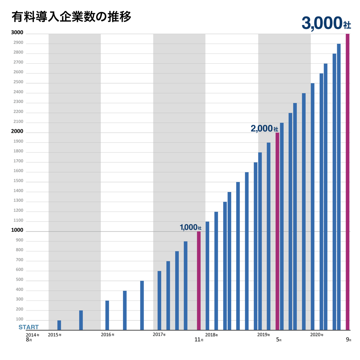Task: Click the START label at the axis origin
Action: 28,327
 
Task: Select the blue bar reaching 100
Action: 59,325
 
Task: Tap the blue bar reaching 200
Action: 81,320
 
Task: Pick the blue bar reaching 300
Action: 107,315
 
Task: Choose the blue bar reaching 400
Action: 125,310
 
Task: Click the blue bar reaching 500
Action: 142,305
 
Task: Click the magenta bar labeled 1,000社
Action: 199,281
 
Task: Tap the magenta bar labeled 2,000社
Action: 277,231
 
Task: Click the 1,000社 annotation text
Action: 190,227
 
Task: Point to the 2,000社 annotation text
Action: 264,128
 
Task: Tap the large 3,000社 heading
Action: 326,23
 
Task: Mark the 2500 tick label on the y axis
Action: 19,82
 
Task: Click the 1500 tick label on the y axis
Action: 19,181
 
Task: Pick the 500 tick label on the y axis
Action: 19,280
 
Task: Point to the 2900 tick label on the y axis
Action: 19,43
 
